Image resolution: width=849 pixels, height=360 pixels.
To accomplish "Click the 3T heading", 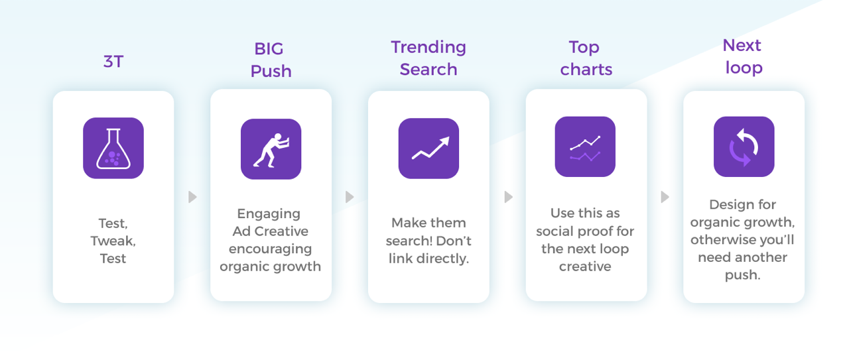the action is click(113, 62).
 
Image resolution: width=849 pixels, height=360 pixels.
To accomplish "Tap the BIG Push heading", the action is click(271, 60).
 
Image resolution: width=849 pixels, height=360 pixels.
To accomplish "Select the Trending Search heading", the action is click(428, 58).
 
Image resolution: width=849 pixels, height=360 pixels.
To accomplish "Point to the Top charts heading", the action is click(586, 58).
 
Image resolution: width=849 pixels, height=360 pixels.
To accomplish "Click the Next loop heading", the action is click(744, 56).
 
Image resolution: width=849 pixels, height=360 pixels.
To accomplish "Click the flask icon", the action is click(113, 148).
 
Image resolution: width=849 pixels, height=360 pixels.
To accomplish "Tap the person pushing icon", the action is click(271, 149).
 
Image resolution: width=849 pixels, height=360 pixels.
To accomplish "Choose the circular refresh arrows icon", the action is click(744, 147).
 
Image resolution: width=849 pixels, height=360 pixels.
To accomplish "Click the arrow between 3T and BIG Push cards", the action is click(192, 197).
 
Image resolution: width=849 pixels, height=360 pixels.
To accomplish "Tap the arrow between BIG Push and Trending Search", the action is click(350, 197).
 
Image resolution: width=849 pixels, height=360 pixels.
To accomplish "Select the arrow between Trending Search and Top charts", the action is click(509, 197).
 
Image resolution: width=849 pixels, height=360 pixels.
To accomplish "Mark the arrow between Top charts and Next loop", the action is click(665, 197).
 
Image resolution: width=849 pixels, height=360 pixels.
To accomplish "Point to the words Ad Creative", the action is click(270, 231).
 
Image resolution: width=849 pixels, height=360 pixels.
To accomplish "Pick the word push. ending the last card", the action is click(742, 275).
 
